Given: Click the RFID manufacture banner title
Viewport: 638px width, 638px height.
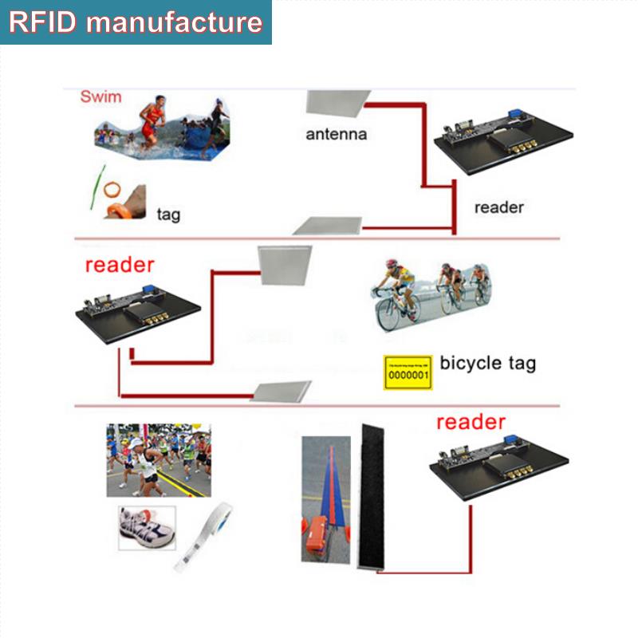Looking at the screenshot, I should pyautogui.click(x=136, y=22).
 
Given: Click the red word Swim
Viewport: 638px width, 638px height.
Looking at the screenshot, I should pyautogui.click(x=101, y=97).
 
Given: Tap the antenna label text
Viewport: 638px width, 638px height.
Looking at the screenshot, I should pyautogui.click(x=337, y=134).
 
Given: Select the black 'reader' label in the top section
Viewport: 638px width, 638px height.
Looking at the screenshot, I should pyautogui.click(x=498, y=207).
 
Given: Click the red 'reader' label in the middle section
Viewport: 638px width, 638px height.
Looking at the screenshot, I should pyautogui.click(x=120, y=265).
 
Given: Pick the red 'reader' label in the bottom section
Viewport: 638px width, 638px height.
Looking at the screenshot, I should pyautogui.click(x=471, y=422).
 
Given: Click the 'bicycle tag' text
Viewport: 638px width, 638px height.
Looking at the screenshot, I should pyautogui.click(x=487, y=364).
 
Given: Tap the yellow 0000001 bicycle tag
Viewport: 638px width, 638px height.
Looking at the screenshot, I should pyautogui.click(x=408, y=372).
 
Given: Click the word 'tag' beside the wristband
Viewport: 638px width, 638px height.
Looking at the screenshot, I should pyautogui.click(x=168, y=214).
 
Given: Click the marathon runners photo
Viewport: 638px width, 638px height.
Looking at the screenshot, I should pyautogui.click(x=159, y=460).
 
